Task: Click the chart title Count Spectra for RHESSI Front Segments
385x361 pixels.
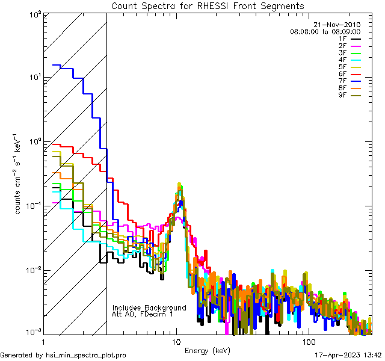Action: [x=208, y=6]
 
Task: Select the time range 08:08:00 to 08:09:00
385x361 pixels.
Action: [x=325, y=31]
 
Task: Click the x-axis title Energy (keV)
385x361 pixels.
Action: [x=208, y=350]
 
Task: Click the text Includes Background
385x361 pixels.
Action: [x=149, y=307]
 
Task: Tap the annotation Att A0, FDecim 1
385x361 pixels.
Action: [x=143, y=314]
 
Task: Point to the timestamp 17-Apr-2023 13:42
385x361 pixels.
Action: [x=349, y=355]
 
